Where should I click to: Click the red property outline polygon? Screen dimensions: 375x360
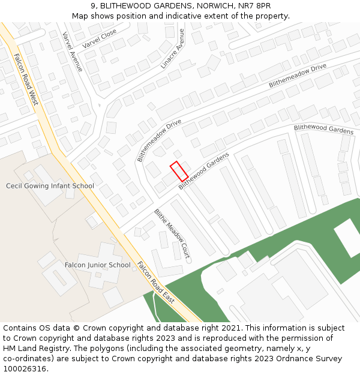(x=179, y=171)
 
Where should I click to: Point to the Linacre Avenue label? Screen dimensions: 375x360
(x=173, y=49)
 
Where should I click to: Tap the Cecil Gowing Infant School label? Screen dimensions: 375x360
(x=50, y=186)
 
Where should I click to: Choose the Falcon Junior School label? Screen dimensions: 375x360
(x=97, y=265)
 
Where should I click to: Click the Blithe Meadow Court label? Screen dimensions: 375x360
(x=172, y=234)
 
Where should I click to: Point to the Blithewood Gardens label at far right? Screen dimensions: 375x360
(x=323, y=129)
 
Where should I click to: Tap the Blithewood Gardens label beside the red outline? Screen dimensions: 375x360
(x=204, y=171)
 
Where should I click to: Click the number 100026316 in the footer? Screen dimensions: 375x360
(x=25, y=368)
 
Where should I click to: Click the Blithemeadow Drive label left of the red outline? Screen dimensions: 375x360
(x=159, y=140)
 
